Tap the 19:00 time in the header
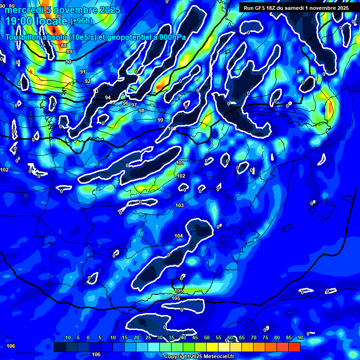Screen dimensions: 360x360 point(19,21)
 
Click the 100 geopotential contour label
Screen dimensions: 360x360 point(172,128)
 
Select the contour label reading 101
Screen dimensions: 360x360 point(180,163)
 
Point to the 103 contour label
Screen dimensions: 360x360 point(180,206)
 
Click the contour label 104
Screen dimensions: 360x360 point(179,236)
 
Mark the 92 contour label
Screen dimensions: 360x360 point(88,81)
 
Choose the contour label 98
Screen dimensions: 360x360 point(142,111)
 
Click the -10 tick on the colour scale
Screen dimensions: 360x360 point(67,338)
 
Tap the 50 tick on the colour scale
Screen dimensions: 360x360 point(207,338)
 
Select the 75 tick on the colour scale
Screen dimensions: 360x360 point(265,338)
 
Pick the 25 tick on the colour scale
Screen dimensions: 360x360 point(148,338)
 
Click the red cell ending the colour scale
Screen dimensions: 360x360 point(294,347)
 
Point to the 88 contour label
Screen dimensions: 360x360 point(64,45)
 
